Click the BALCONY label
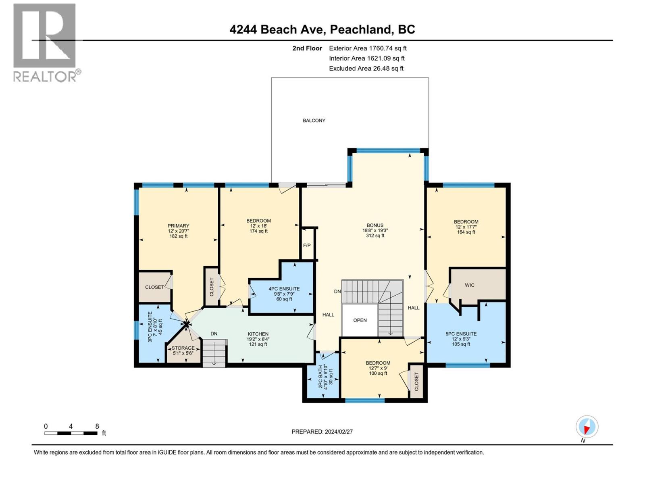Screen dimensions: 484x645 [314, 121]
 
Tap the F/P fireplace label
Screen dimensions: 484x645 [307, 245]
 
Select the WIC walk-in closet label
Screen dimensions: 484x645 [470, 285]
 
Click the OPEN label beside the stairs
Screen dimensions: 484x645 [360, 320]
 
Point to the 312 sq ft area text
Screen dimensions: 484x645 [375, 236]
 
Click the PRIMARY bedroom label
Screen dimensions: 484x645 [178, 226]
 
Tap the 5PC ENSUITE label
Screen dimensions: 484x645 [461, 334]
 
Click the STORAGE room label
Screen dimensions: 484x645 [183, 348]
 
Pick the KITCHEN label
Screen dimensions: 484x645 [258, 334]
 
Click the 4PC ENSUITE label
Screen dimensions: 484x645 [284, 289]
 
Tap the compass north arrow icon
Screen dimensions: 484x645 [587, 427]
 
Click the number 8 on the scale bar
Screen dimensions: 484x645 [97, 426]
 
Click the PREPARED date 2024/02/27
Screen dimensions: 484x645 [322, 432]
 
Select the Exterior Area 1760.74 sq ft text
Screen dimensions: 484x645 [368, 48]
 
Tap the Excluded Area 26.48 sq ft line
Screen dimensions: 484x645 [366, 69]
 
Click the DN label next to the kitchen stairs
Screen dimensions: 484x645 [214, 334]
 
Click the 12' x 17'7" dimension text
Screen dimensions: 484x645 [466, 227]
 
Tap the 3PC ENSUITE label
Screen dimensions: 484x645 [150, 327]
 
